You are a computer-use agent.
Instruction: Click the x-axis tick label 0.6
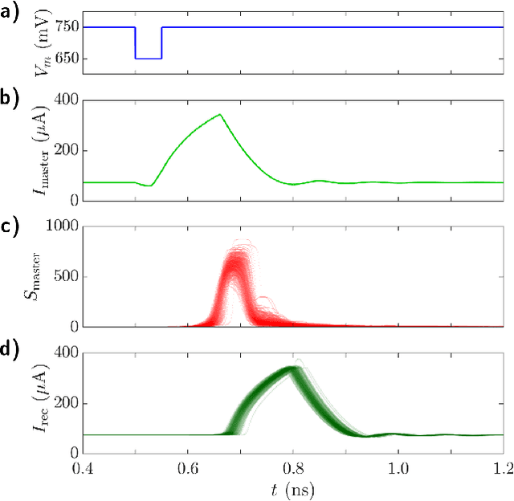pos(188,467)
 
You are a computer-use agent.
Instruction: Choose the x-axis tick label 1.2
pos(504,467)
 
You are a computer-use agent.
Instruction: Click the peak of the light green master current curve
pos(219,114)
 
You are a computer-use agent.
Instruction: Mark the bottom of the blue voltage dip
pos(148,59)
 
